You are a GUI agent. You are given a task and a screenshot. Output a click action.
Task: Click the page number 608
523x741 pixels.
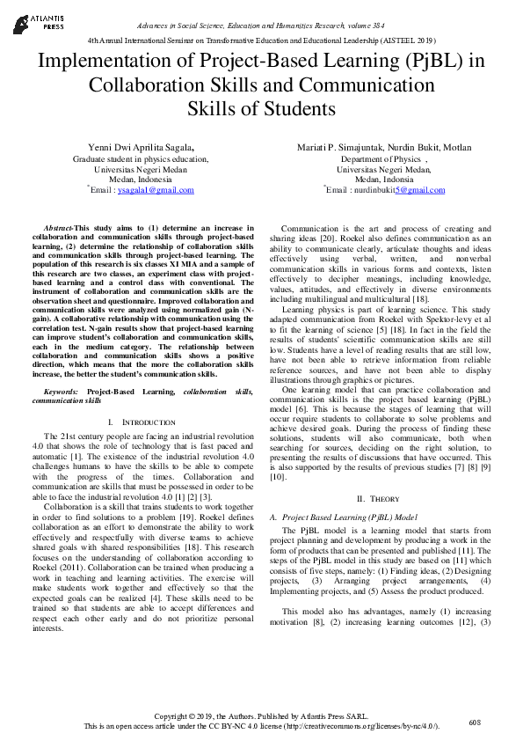click(x=476, y=723)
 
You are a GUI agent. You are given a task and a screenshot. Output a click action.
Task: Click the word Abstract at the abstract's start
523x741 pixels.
click(x=58, y=228)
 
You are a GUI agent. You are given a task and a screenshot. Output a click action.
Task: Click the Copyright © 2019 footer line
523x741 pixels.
click(x=261, y=715)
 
